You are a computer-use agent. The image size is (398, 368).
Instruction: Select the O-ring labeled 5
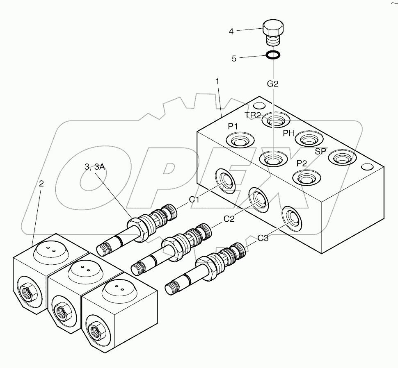pyautogui.click(x=273, y=55)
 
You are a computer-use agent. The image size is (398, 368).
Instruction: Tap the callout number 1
pyautogui.click(x=217, y=82)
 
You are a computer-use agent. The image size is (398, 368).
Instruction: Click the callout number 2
pyautogui.click(x=41, y=184)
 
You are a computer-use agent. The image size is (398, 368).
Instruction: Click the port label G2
pyautogui.click(x=273, y=84)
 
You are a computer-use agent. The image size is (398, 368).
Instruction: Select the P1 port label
pyautogui.click(x=233, y=127)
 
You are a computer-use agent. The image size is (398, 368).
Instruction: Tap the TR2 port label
pyautogui.click(x=253, y=115)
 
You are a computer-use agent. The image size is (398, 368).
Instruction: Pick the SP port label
pyautogui.click(x=321, y=151)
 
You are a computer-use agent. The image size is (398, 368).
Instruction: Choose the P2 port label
pyautogui.click(x=302, y=163)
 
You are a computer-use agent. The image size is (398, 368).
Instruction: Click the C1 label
pyautogui.click(x=194, y=200)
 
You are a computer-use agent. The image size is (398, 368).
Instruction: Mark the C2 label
pyautogui.click(x=229, y=219)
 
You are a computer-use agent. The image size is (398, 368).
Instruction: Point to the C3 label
pyautogui.click(x=263, y=237)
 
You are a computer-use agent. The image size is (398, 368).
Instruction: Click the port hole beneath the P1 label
pyautogui.click(x=238, y=141)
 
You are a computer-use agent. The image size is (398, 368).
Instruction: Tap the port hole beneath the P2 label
pyautogui.click(x=306, y=178)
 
